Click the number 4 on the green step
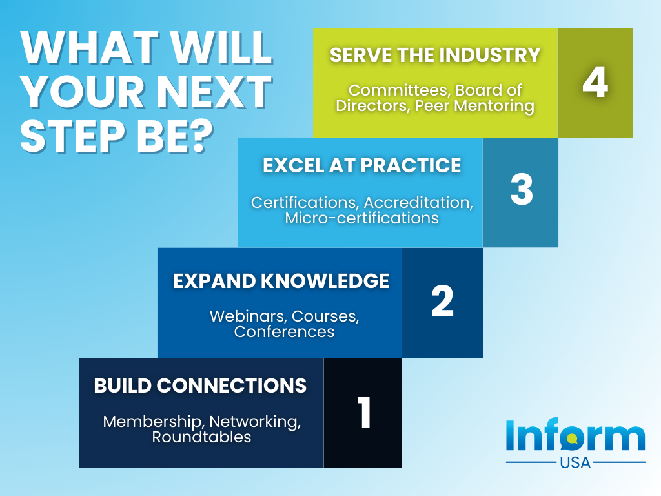pyautogui.click(x=595, y=82)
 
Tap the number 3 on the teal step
pyautogui.click(x=522, y=189)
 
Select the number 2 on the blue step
pyautogui.click(x=442, y=301)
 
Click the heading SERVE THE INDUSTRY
pyautogui.click(x=435, y=56)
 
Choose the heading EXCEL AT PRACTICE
pyautogui.click(x=361, y=165)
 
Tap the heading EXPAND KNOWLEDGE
pyautogui.click(x=281, y=281)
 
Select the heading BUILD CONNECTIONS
pyautogui.click(x=200, y=386)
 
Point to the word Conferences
pyautogui.click(x=284, y=331)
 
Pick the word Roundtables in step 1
pyautogui.click(x=201, y=437)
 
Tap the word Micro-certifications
pyautogui.click(x=361, y=218)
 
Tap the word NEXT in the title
pyautogui.click(x=214, y=91)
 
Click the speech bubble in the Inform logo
pyautogui.click(x=572, y=439)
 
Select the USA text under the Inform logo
pyautogui.click(x=575, y=462)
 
